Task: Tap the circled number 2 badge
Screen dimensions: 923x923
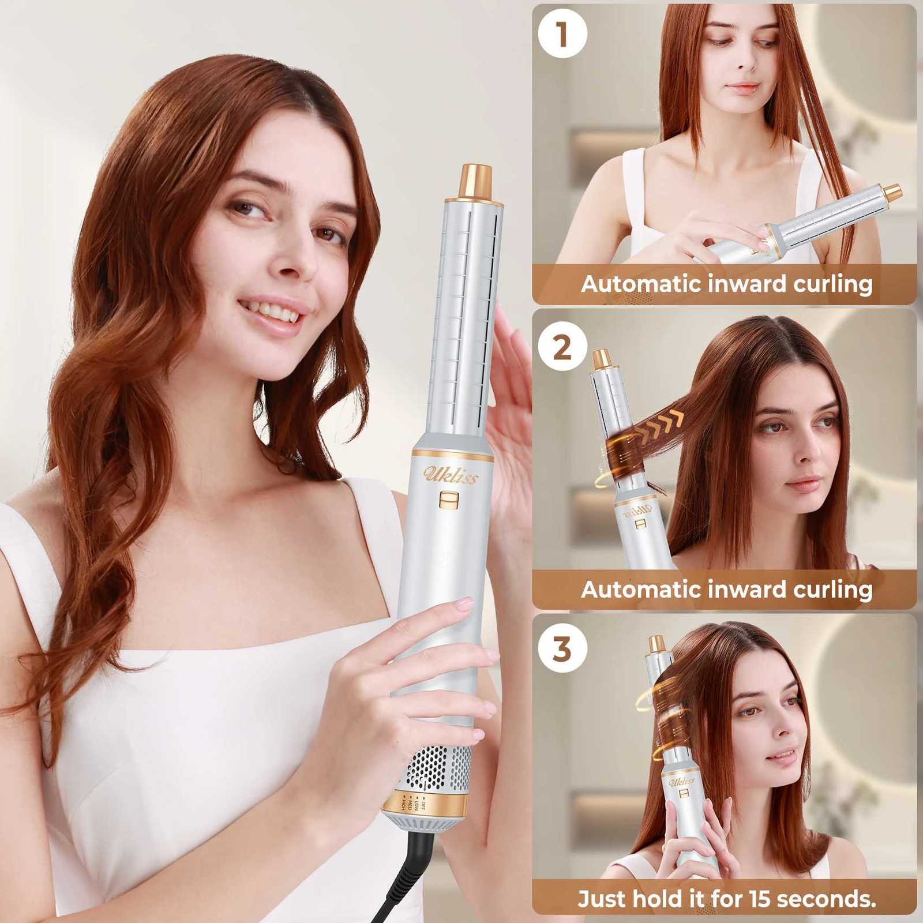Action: click(562, 348)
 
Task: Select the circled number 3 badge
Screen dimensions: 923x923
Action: click(562, 648)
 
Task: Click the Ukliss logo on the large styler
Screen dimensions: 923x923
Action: click(451, 474)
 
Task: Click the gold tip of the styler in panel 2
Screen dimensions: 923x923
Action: click(602, 359)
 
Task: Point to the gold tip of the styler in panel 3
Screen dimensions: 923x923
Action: click(656, 644)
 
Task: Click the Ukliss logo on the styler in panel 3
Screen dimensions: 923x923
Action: click(681, 781)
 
